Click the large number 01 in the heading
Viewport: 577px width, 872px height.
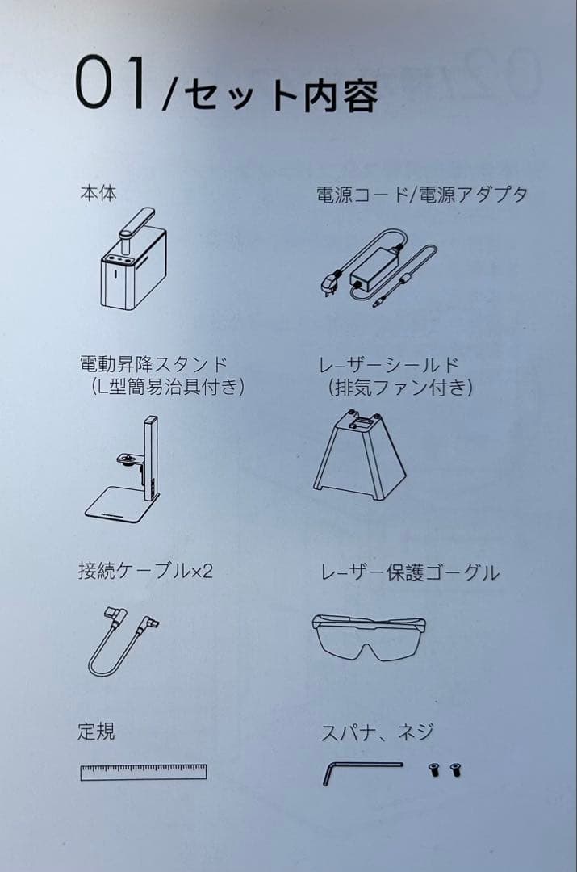coord(112,84)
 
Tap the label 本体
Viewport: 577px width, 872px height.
coord(98,195)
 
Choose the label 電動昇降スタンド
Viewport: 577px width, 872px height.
coord(153,365)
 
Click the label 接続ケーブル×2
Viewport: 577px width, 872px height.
coord(145,572)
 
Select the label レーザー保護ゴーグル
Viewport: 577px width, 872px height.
coord(409,573)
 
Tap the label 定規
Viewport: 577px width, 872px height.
coord(96,732)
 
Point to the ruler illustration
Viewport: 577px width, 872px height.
coord(143,772)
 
